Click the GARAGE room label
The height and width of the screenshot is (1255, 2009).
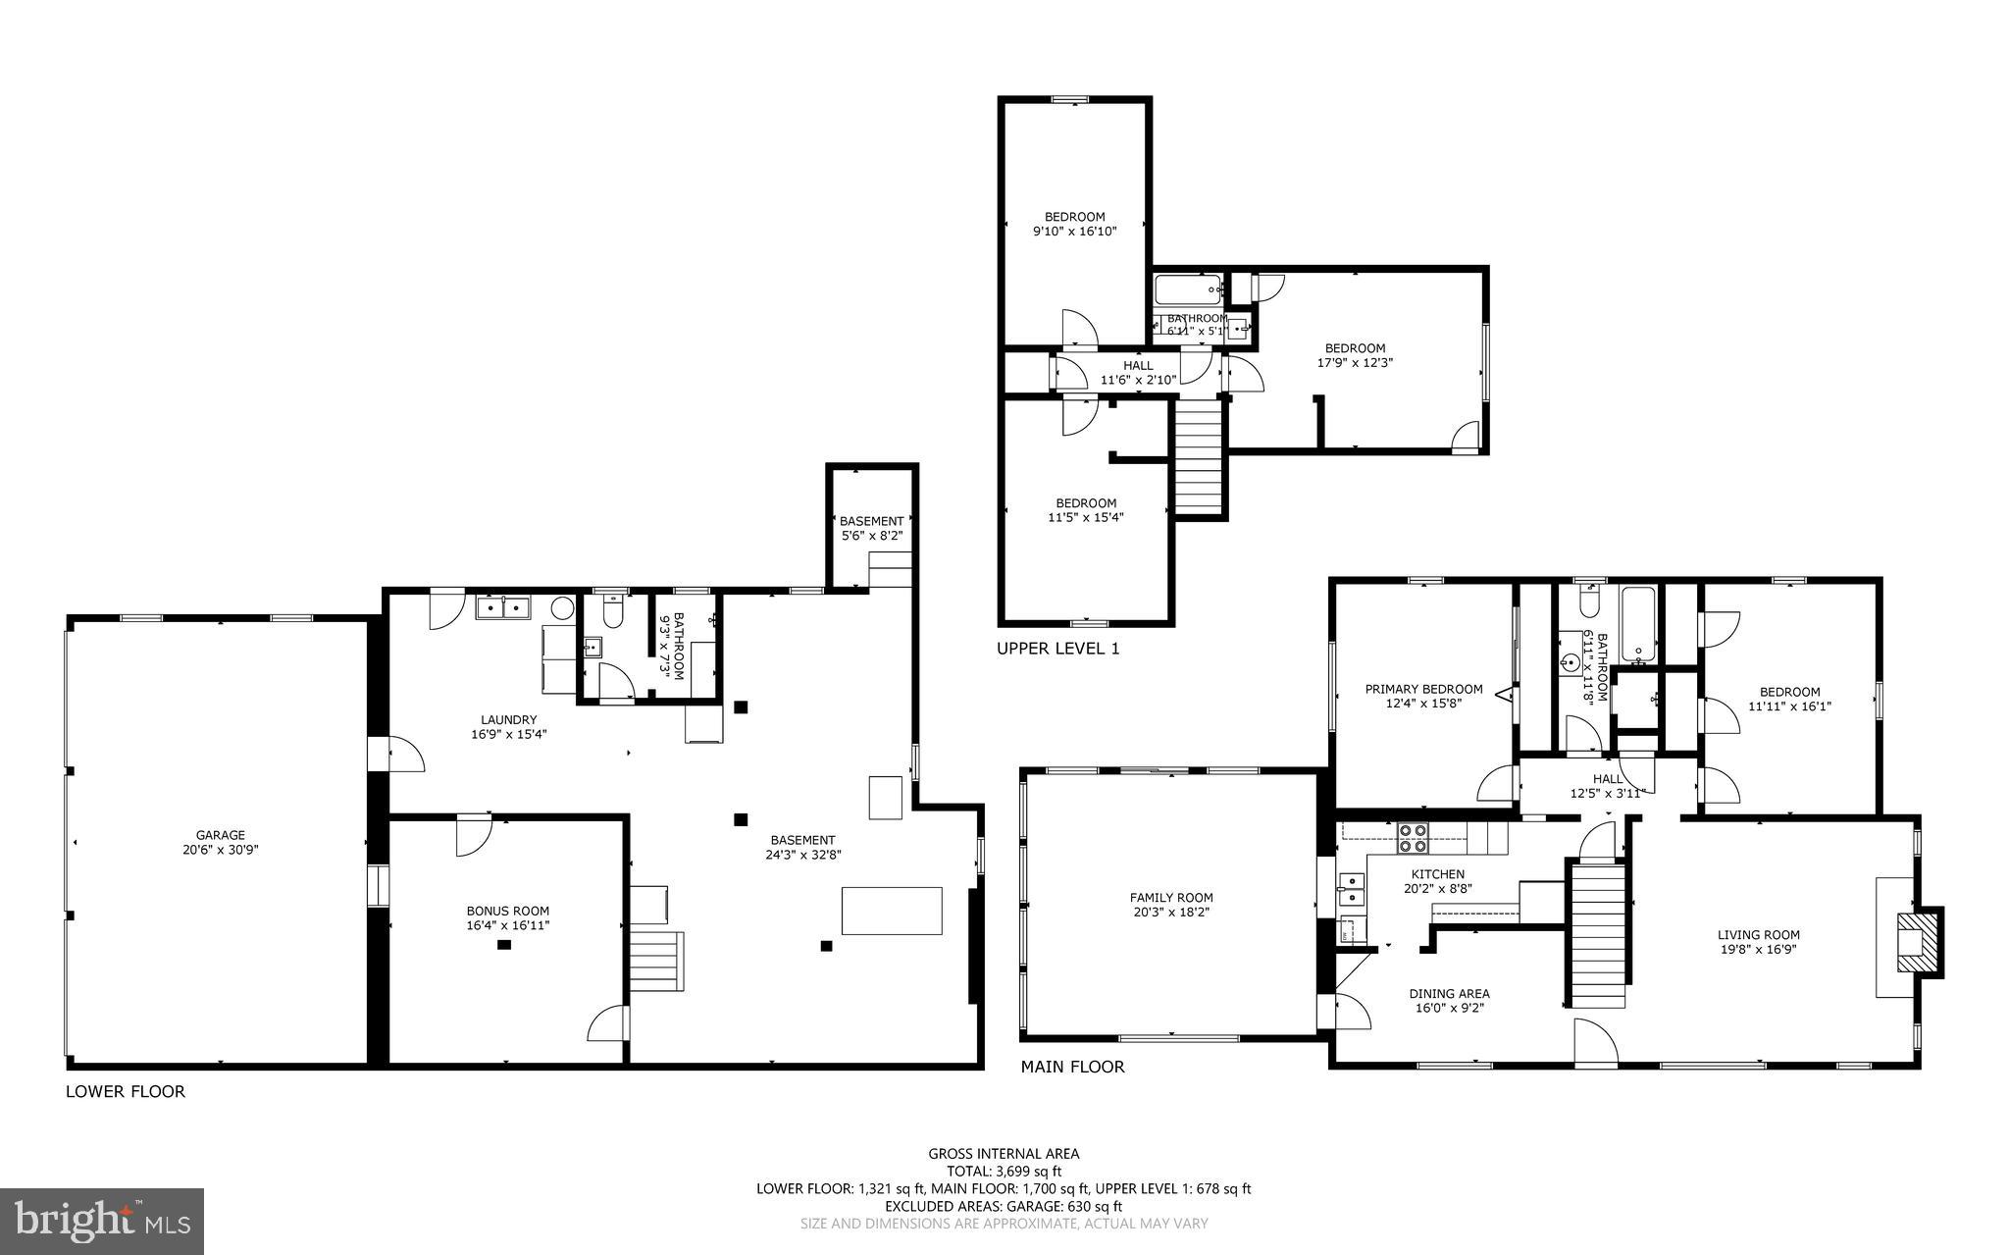[220, 835]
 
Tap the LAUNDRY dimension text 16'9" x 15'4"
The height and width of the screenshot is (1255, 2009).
[508, 733]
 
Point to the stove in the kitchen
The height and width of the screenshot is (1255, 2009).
[1413, 837]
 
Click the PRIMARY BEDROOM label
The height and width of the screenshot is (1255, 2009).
[1423, 689]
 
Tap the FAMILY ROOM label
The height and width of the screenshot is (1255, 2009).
[1170, 897]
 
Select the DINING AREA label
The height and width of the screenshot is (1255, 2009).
[1449, 993]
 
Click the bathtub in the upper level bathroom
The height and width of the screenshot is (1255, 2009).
[1187, 289]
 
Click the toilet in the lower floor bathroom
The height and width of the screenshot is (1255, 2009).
[612, 612]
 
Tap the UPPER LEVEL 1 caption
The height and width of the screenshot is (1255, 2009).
[1057, 649]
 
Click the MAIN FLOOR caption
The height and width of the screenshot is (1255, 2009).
[1072, 1067]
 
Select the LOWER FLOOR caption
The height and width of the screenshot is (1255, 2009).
[125, 1091]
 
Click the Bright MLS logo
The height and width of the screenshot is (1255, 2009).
[102, 1221]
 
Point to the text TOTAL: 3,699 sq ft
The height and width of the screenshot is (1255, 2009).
[1004, 1171]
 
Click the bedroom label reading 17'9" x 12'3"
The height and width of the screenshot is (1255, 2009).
[1355, 362]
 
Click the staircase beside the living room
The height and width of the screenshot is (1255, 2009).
[1597, 933]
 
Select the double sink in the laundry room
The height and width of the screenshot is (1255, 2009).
[502, 608]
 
